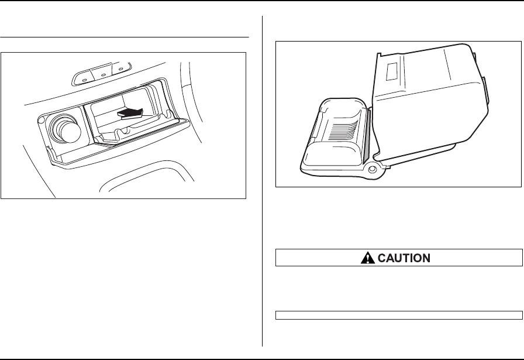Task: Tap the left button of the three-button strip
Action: (85, 75)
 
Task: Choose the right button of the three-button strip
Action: (122, 69)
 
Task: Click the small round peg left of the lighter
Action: (42, 121)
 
